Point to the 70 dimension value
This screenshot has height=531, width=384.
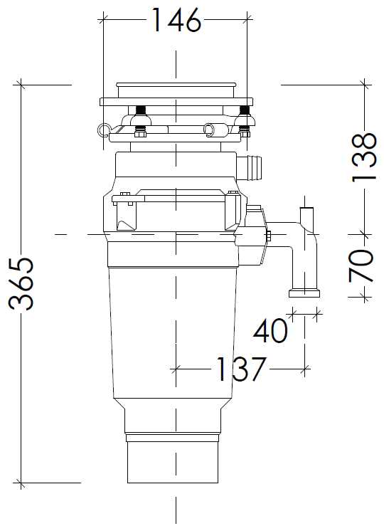(362, 265)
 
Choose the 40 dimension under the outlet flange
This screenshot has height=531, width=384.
(271, 330)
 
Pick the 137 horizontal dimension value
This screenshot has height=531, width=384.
(240, 369)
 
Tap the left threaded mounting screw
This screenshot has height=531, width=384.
(140, 112)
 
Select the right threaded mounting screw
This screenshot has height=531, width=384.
(245, 112)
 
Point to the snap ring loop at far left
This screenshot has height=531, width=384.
(104, 130)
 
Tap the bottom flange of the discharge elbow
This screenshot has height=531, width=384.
(304, 293)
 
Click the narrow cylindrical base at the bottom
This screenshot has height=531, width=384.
(174, 463)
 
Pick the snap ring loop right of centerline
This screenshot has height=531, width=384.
(209, 129)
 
